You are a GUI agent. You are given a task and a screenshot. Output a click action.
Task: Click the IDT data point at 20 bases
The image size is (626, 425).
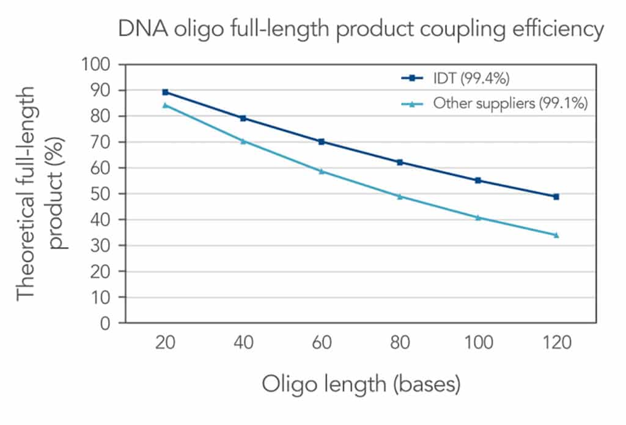(x=165, y=92)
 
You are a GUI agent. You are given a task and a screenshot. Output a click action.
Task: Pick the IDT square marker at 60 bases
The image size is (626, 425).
(x=321, y=141)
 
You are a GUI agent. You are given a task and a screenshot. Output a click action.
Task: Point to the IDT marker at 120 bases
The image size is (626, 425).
(x=556, y=197)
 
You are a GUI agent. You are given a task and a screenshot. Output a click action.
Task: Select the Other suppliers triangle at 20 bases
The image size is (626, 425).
(x=165, y=105)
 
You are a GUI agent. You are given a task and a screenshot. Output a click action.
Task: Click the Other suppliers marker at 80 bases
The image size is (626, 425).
(x=400, y=196)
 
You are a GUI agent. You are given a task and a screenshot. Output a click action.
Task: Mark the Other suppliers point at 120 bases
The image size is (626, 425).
(x=556, y=235)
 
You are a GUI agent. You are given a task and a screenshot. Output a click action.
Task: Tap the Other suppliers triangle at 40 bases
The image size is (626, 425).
(x=243, y=141)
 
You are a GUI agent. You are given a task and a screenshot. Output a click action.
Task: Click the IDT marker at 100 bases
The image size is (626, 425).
(x=478, y=180)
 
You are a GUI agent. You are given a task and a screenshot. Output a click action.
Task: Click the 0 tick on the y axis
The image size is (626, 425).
(x=108, y=323)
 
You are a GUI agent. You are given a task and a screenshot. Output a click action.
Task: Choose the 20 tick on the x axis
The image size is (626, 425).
(x=165, y=343)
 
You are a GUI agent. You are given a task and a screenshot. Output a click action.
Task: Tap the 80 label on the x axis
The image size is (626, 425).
(x=400, y=343)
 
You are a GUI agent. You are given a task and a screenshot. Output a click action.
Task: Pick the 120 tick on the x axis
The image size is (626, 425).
(x=556, y=343)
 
